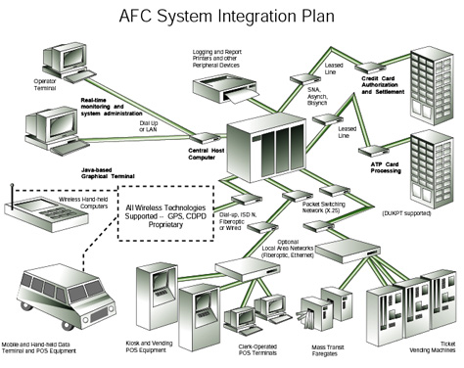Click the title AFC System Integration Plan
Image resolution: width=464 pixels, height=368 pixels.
[231, 17]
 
